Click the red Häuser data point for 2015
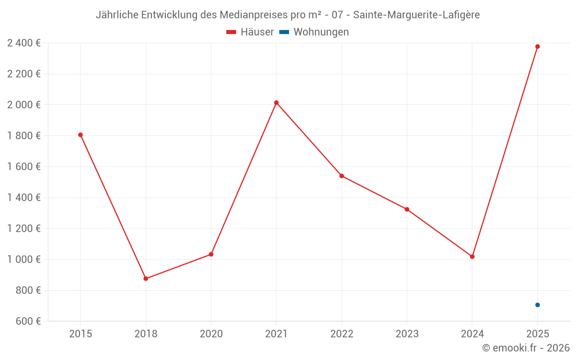tap(81, 135)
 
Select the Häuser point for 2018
tap(146, 279)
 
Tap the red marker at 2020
tap(211, 254)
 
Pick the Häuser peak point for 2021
tap(276, 103)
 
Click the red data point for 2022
tap(342, 176)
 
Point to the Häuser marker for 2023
tap(407, 209)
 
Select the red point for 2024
tap(472, 256)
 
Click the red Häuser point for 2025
tap(537, 47)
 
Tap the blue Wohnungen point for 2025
tap(537, 305)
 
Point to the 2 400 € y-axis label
tap(24, 43)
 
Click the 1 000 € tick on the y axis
tap(24, 259)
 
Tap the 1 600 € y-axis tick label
tap(24, 166)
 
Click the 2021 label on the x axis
tap(276, 334)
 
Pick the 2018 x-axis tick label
tap(146, 334)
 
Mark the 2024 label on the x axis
tap(472, 334)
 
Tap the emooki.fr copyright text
tap(526, 348)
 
